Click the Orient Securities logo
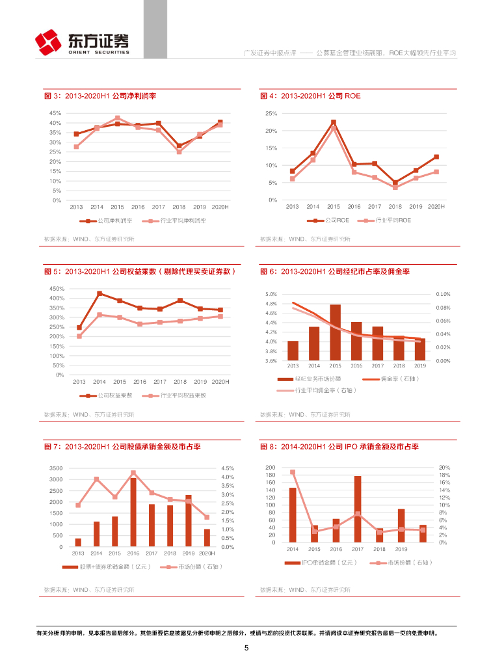tap(81, 42)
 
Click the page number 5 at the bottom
tap(246, 648)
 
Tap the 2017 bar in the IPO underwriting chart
tap(358, 509)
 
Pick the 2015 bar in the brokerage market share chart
tap(335, 332)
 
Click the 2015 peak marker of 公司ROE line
tap(334, 122)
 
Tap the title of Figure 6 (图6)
tap(338, 271)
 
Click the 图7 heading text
tap(122, 447)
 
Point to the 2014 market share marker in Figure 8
tap(293, 472)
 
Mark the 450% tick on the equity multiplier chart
tap(56, 288)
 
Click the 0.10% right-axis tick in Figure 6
tap(443, 294)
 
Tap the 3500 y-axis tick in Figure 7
tap(56, 468)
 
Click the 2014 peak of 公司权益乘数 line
tap(100, 293)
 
